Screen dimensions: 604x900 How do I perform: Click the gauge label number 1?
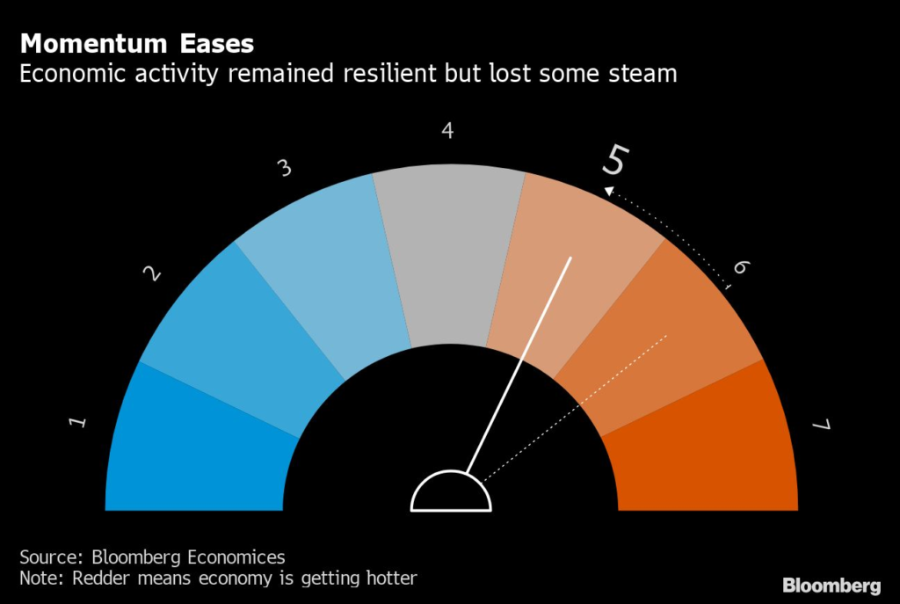pyautogui.click(x=78, y=423)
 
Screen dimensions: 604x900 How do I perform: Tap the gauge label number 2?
pyautogui.click(x=152, y=274)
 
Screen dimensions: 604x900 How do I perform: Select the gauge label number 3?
pyautogui.click(x=284, y=168)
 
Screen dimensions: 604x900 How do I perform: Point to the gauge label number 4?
pyautogui.click(x=447, y=131)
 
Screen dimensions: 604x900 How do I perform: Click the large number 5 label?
pyautogui.click(x=615, y=161)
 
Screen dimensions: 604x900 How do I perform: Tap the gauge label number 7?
pyautogui.click(x=821, y=426)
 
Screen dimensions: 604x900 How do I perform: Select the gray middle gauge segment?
pyautogui.click(x=448, y=255)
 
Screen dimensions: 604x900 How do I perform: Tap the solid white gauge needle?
pyautogui.click(x=519, y=365)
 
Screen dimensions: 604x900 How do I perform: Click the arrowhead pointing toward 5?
pyautogui.click(x=607, y=189)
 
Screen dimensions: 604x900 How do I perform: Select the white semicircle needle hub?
pyautogui.click(x=451, y=494)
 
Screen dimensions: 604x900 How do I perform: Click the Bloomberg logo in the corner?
pyautogui.click(x=831, y=585)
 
